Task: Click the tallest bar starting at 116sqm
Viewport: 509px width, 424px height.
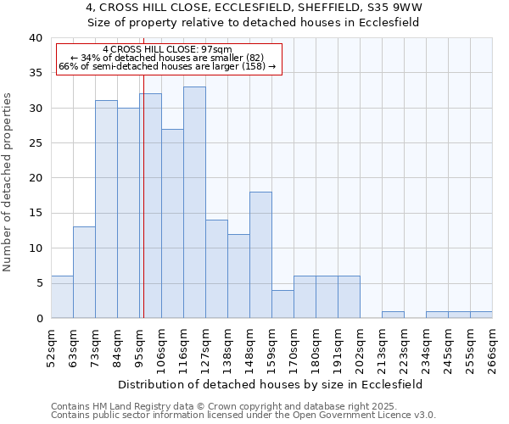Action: click(x=194, y=203)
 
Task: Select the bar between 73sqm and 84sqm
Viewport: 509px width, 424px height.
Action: click(x=106, y=209)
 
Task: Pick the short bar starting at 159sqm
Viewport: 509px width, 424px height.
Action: click(x=282, y=304)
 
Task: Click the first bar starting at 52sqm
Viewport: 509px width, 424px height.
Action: click(x=62, y=297)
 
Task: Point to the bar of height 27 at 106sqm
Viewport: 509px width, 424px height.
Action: click(x=172, y=223)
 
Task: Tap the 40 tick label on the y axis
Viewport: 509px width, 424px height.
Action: click(x=35, y=38)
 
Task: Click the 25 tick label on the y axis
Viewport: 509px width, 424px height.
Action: click(x=35, y=143)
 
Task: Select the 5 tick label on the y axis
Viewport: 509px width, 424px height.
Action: click(x=38, y=283)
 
